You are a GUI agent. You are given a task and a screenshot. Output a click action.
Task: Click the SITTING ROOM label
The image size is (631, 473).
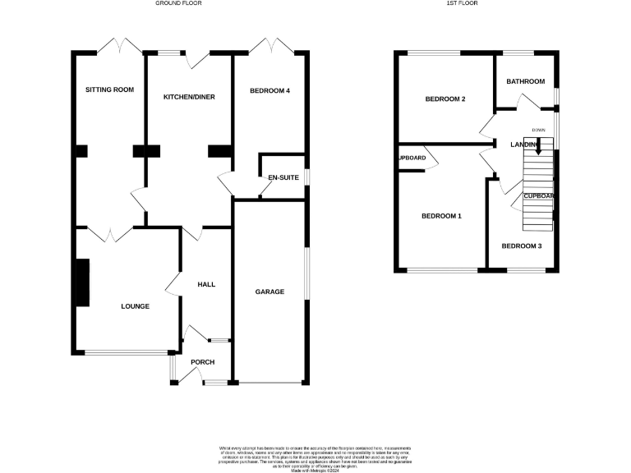(x=110, y=90)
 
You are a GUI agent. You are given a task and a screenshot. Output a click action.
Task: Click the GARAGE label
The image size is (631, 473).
(x=269, y=292)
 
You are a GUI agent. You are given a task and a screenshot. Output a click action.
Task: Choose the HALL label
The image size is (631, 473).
(x=205, y=284)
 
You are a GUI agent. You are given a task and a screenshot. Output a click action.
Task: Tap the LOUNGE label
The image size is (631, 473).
(x=135, y=306)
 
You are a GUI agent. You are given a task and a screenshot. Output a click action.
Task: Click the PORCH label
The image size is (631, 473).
(x=202, y=361)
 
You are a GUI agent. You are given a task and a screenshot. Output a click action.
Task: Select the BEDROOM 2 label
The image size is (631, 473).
(x=444, y=99)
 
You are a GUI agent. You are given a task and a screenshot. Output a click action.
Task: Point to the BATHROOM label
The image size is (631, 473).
(x=525, y=81)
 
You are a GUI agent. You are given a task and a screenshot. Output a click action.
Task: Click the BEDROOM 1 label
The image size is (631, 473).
(x=441, y=217)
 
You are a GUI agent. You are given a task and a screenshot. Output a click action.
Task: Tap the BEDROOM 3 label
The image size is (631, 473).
(x=522, y=246)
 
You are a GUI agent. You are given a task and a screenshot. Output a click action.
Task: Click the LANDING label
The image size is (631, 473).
(x=526, y=145)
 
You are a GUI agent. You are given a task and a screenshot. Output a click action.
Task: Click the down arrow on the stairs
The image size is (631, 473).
(x=538, y=149)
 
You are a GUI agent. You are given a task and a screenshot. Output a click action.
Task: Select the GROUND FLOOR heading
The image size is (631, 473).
(x=178, y=3)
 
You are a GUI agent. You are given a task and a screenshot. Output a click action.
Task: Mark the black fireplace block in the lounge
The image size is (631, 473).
(x=82, y=282)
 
